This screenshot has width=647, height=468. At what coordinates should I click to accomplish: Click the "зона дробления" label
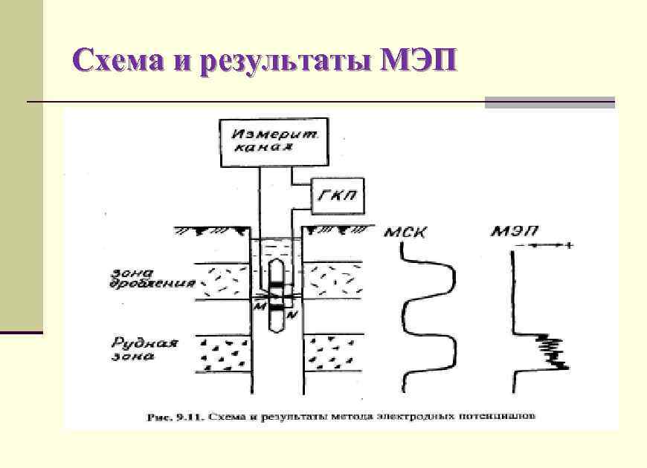154,278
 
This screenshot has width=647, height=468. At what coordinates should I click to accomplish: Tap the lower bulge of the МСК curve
451,351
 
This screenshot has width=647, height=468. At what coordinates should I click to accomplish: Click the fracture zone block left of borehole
222,281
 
